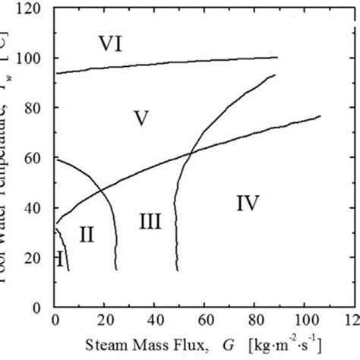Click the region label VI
tap(113, 43)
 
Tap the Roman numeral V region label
tap(141, 118)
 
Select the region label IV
tap(248, 203)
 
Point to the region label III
tap(150, 221)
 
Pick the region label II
tap(86, 235)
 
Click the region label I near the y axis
tap(58, 261)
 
